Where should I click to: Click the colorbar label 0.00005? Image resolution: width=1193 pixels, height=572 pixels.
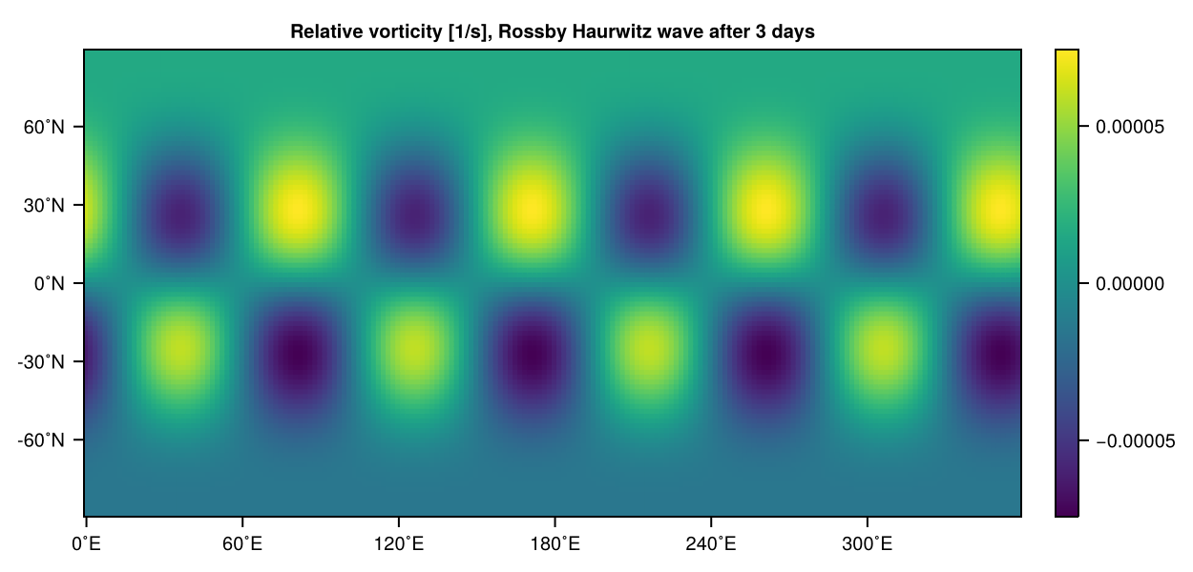pyautogui.click(x=1130, y=127)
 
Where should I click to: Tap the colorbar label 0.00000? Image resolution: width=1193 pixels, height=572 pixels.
pyautogui.click(x=1130, y=283)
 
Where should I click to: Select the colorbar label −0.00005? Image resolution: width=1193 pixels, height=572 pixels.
pyautogui.click(x=1130, y=440)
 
